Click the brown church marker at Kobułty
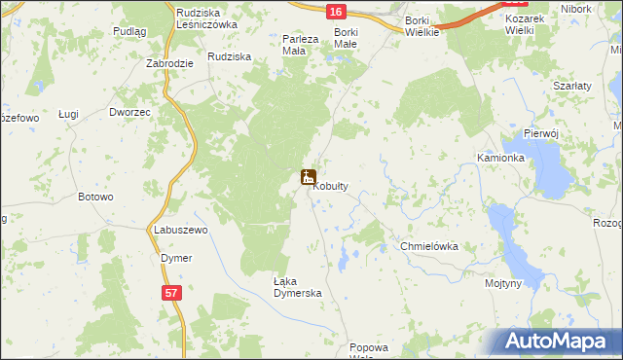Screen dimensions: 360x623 click(308, 178)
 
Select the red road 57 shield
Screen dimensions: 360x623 click(170, 291)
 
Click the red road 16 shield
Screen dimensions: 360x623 click(335, 11)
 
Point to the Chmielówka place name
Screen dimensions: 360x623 click(429, 247)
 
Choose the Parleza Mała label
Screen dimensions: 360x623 click(300, 45)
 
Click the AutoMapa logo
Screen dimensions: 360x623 click(554, 342)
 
